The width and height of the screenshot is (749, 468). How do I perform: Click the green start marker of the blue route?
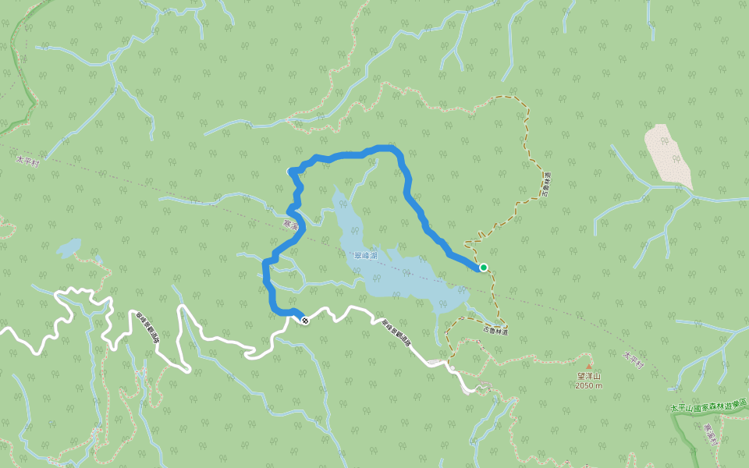(x=484, y=268)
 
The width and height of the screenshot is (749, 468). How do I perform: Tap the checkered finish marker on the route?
(x=304, y=321)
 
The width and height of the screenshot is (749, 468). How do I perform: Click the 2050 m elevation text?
(x=589, y=386)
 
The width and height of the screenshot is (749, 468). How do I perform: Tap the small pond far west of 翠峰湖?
(x=68, y=248)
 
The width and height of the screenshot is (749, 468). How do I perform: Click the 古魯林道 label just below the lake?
(x=495, y=331)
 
